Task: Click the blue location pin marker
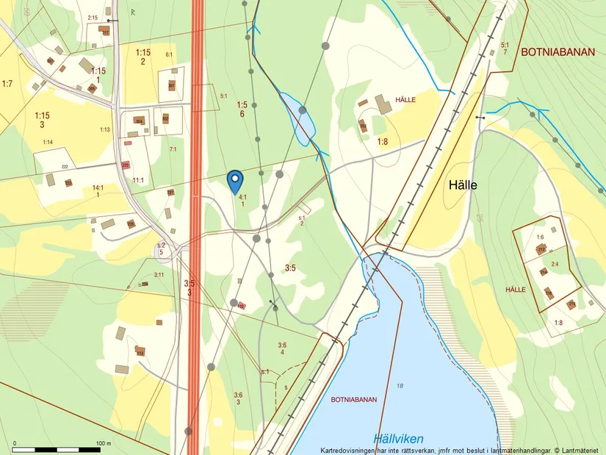point(234,180)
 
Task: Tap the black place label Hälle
point(463,185)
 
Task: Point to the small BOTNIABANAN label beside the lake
point(354,400)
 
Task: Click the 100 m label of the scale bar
point(103,443)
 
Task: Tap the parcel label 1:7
point(7,84)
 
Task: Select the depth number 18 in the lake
point(400,386)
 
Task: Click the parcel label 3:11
point(159,274)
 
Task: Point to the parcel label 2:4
point(555,264)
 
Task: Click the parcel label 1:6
point(540,237)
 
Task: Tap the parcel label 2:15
point(92,17)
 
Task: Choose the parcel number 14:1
point(98,188)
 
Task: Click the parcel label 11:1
point(138,180)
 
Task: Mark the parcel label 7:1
point(173,149)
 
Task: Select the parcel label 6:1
point(169,54)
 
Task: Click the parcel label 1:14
point(48,142)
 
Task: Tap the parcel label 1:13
point(105,129)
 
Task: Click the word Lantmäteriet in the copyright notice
point(580,450)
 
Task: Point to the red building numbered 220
point(126,165)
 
